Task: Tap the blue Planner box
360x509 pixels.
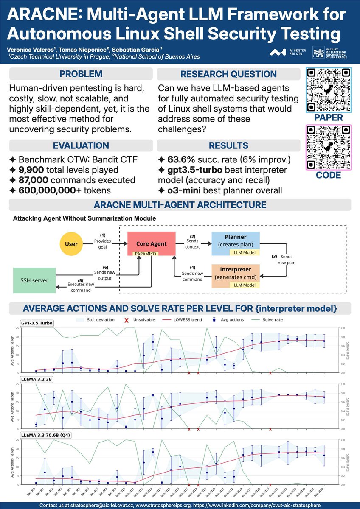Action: [235, 240]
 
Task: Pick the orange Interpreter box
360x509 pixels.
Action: [235, 274]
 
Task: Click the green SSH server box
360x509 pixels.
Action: [34, 280]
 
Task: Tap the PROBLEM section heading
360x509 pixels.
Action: [81, 74]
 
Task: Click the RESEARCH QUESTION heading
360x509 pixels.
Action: [228, 74]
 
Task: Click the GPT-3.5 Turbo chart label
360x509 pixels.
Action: [37, 324]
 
